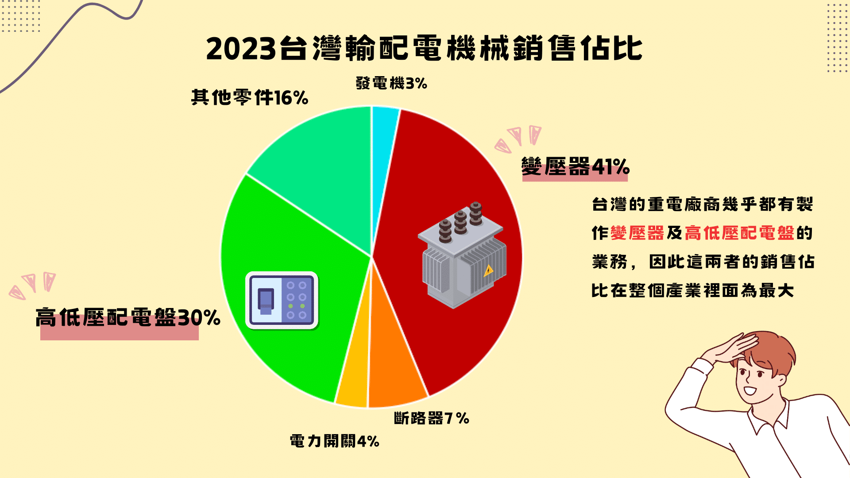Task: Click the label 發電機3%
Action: coord(391,83)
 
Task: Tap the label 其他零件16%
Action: coord(250,97)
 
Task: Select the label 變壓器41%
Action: coord(576,167)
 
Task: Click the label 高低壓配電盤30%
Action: coord(128,317)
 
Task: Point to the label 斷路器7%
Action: coord(432,418)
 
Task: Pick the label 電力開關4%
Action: coord(335,441)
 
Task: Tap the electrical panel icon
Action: coord(282,301)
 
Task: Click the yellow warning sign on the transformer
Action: coord(488,270)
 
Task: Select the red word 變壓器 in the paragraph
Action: coord(637,233)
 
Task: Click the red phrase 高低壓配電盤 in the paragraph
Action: coord(739,233)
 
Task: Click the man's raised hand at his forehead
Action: coord(730,347)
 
